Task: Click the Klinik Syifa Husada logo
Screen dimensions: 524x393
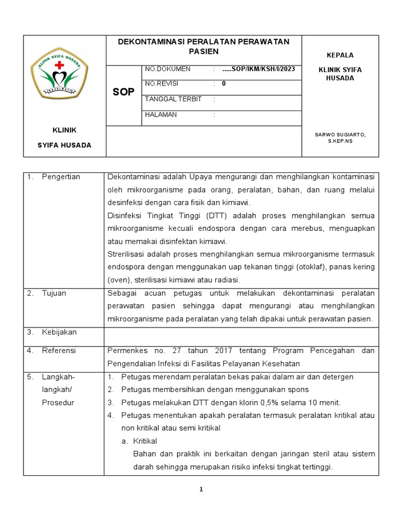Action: tap(59, 73)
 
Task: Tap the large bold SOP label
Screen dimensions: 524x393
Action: tap(123, 92)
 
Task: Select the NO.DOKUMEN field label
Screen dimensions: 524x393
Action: tap(168, 69)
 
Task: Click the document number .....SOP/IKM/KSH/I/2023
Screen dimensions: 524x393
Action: tap(259, 69)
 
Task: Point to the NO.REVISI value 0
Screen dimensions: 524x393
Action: tap(224, 84)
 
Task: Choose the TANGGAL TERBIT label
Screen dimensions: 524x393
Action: tap(173, 99)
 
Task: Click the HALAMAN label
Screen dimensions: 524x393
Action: tap(161, 115)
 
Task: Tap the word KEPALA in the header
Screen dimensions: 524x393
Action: tap(340, 55)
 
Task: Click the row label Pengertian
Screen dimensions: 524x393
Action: tap(61, 177)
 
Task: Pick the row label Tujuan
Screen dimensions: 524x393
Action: tap(54, 293)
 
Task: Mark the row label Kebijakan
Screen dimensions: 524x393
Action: tap(59, 332)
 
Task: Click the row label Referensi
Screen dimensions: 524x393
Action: tap(59, 351)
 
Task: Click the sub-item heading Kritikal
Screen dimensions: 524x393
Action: tap(145, 441)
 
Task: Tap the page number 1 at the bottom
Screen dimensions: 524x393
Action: tap(202, 490)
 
